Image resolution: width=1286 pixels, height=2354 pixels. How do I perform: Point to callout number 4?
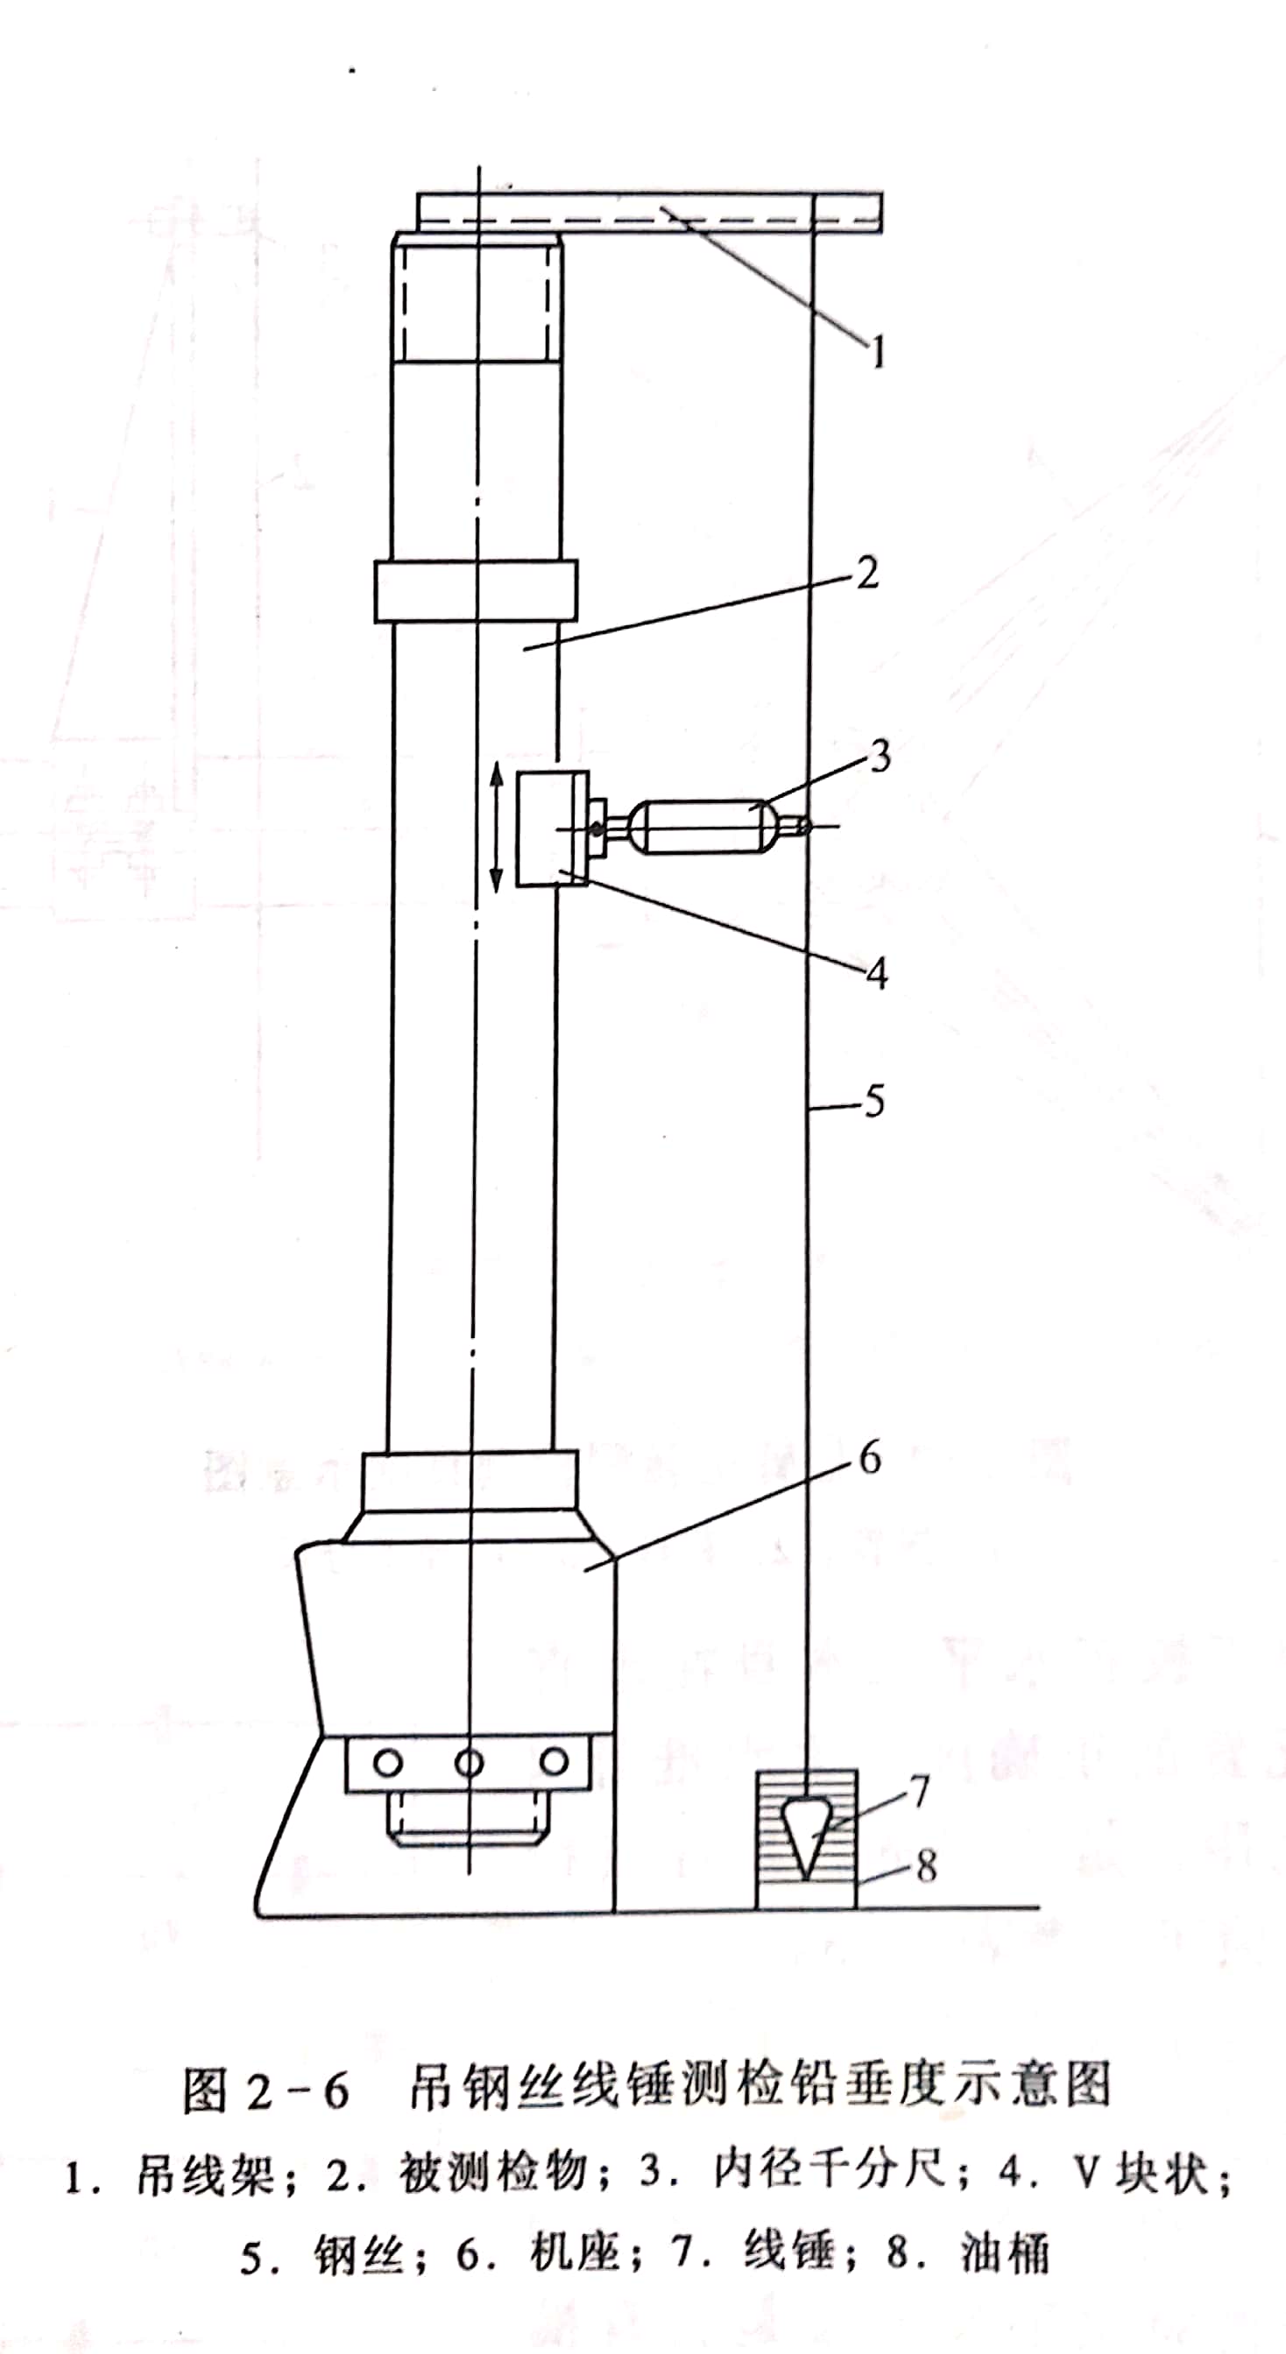point(877,975)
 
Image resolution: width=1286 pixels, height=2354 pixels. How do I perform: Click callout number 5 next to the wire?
point(874,1102)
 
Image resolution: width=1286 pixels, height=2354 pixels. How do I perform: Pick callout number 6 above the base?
point(871,1457)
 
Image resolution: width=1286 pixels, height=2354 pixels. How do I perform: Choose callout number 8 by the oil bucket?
point(926,1867)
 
